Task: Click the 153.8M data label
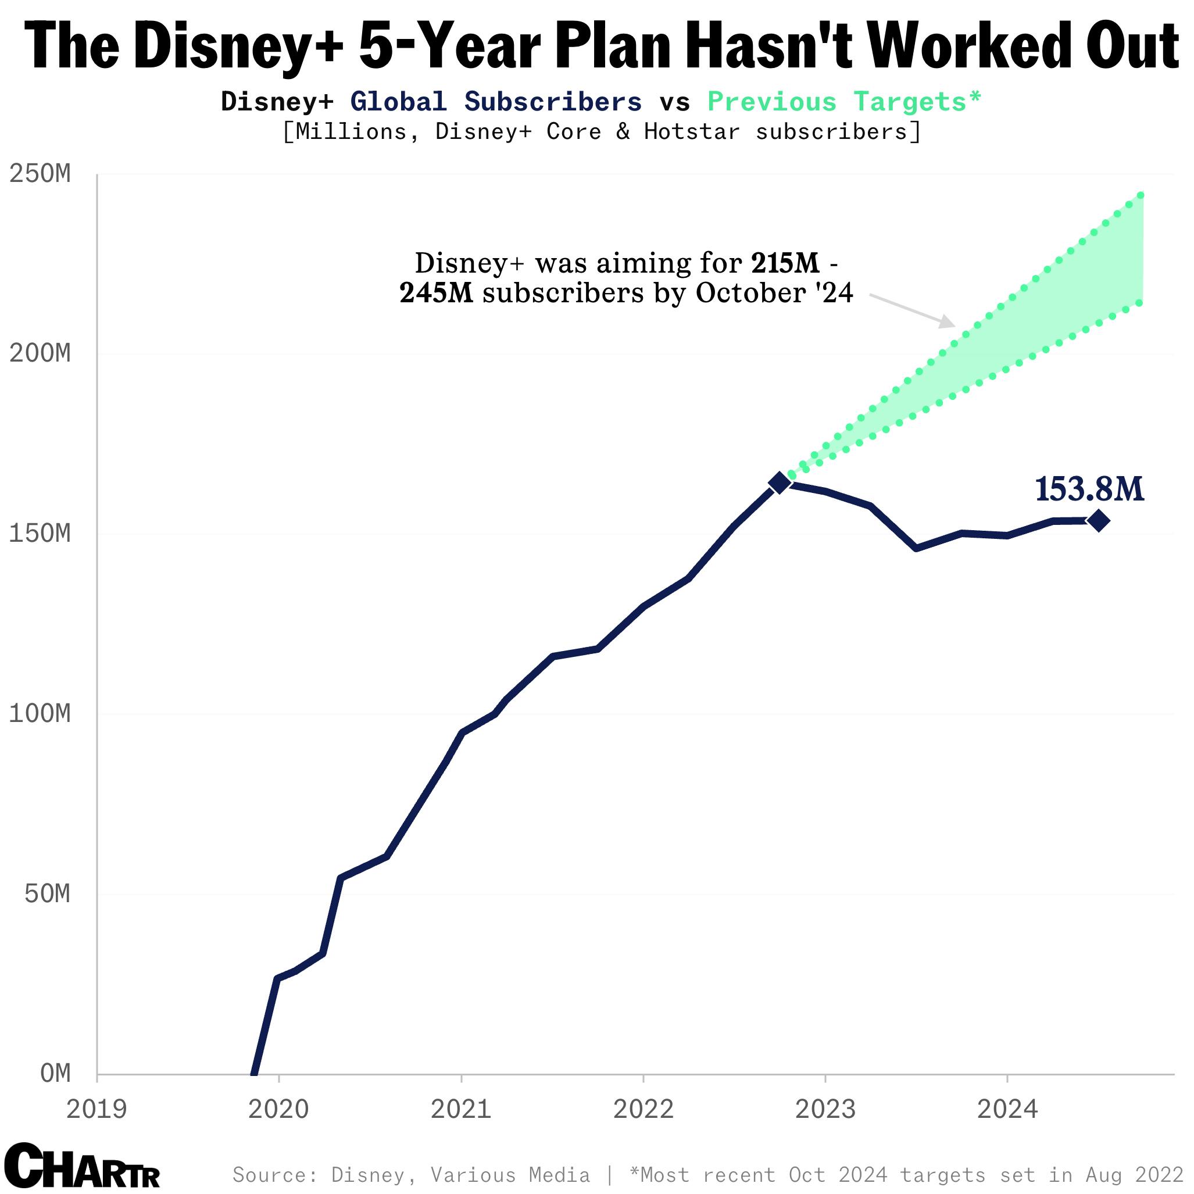(x=1089, y=489)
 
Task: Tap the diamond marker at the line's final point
(x=1098, y=521)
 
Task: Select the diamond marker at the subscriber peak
(x=780, y=482)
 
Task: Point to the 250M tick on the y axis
(x=40, y=174)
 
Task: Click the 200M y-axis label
(x=40, y=354)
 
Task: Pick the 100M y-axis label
(x=40, y=714)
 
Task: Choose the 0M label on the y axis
(x=55, y=1074)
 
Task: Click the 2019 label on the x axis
(x=96, y=1109)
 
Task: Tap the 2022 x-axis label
(x=644, y=1109)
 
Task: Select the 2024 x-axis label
(x=1007, y=1109)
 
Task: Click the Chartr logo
(x=81, y=1166)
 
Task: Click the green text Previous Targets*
(x=844, y=102)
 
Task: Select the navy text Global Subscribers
(x=496, y=102)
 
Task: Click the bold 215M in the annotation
(x=785, y=263)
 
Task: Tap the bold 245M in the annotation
(x=437, y=293)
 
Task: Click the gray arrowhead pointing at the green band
(x=948, y=322)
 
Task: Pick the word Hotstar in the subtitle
(x=692, y=131)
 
